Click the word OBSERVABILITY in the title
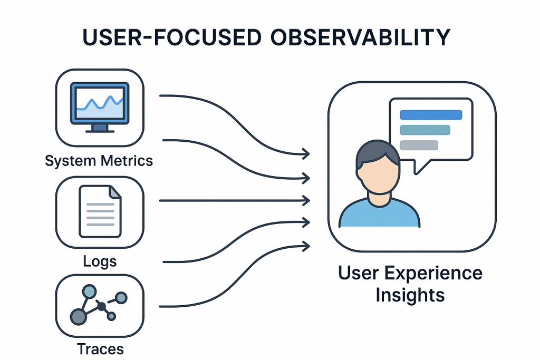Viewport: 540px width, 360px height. click(360, 37)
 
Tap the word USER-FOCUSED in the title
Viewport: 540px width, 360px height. click(172, 37)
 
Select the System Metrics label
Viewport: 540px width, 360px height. click(99, 161)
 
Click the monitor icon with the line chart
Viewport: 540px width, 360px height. click(100, 107)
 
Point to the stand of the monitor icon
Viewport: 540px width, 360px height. click(100, 129)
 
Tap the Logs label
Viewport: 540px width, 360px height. click(100, 261)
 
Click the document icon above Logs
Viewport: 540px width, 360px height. click(100, 211)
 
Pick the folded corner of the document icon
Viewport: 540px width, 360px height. click(115, 191)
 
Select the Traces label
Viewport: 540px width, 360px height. click(100, 349)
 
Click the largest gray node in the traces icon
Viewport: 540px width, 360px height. click(78, 317)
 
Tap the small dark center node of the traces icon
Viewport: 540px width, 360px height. click(101, 306)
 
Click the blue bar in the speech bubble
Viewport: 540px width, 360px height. click(431, 115)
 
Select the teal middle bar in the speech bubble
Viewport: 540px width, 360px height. click(425, 130)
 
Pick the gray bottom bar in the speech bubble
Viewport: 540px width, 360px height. click(419, 145)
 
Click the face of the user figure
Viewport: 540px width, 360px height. click(378, 175)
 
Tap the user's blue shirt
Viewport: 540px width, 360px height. click(379, 214)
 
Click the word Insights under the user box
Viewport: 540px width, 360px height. click(410, 295)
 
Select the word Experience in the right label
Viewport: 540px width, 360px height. click(433, 274)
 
